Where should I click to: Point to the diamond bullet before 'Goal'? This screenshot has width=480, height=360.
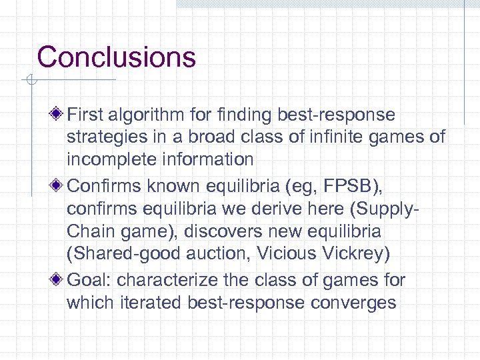pyautogui.click(x=58, y=280)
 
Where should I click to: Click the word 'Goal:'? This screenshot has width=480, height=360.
pyautogui.click(x=90, y=280)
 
